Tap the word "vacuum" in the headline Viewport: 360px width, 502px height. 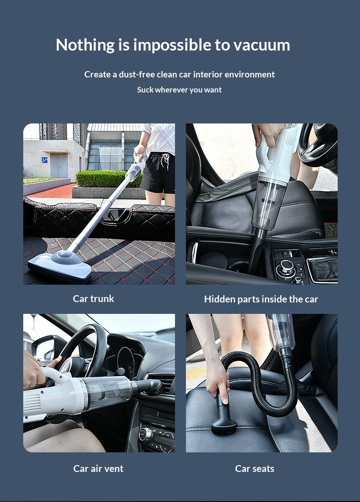pos(262,45)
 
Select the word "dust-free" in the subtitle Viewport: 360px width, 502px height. pos(137,75)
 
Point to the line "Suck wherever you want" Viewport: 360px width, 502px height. pos(180,90)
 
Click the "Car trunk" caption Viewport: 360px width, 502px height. pos(93,299)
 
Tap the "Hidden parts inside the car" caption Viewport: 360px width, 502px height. pos(261,299)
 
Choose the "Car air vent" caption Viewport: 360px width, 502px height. pos(98,469)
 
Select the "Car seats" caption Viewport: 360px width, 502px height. pos(255,469)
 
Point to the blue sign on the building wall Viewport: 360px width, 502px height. pos(45,160)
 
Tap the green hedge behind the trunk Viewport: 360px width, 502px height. pos(108,179)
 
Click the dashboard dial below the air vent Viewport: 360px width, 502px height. pos(146,434)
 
